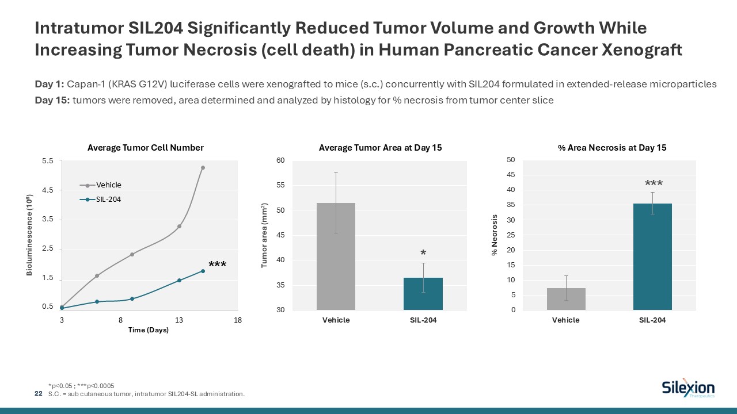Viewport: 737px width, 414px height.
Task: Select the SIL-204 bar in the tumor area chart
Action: pos(423,294)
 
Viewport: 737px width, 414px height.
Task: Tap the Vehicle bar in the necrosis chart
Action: pos(566,299)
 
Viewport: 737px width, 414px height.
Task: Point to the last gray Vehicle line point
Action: pos(203,168)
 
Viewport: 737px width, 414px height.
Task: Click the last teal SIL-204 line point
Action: pos(203,271)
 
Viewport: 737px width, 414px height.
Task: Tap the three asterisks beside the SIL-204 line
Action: pos(217,265)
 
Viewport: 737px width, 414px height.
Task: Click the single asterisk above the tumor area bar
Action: pos(423,254)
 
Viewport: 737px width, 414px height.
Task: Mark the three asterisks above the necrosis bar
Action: pos(654,184)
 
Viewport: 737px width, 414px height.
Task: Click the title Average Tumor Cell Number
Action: pos(146,148)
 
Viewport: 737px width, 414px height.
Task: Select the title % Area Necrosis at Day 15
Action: pos(612,148)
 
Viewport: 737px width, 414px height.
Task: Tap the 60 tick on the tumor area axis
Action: pos(281,160)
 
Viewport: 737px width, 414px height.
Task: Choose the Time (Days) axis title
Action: pos(149,330)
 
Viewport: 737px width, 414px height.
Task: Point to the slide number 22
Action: pos(39,393)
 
